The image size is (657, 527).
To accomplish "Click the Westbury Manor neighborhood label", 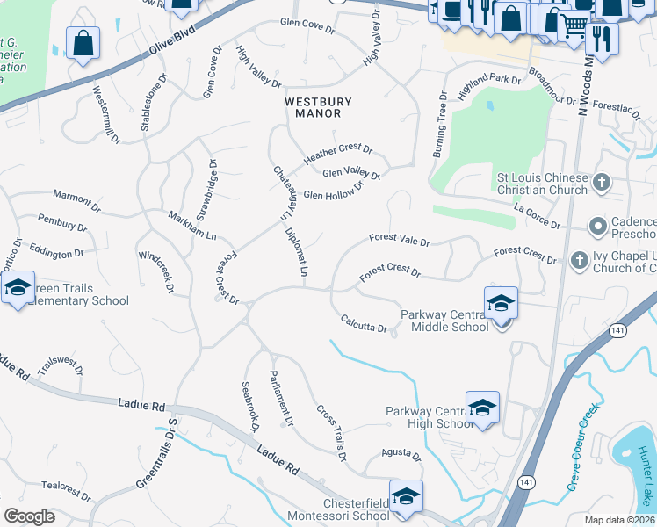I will click(x=312, y=107).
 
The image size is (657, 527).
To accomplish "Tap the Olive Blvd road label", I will click(x=171, y=41).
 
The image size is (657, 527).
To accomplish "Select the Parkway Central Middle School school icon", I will click(x=501, y=302).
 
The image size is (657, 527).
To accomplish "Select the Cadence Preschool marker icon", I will click(x=598, y=227).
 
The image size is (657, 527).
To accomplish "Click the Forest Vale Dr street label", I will click(x=399, y=239).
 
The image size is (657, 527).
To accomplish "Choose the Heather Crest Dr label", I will click(x=338, y=155).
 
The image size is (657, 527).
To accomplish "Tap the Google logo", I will click(x=29, y=516).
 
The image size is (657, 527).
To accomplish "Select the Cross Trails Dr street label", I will click(x=331, y=431).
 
